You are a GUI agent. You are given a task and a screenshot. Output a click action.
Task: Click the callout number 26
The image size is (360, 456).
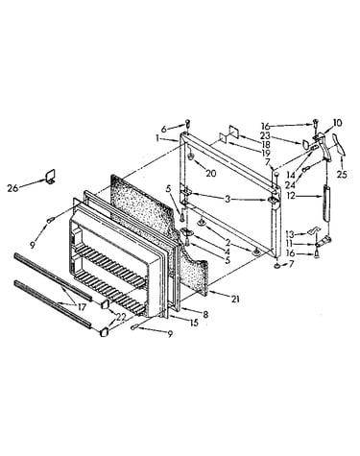[12, 188]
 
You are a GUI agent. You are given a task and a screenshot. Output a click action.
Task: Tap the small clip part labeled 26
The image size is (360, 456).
[50, 177]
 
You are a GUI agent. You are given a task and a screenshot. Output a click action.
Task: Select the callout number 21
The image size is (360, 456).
[235, 300]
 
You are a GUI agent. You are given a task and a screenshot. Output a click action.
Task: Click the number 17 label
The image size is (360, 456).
[82, 307]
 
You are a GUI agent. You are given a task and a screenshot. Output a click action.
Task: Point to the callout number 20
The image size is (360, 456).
[211, 173]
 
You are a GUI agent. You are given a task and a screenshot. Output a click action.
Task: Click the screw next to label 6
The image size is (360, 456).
[188, 124]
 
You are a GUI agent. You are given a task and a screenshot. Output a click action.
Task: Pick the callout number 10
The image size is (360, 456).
[337, 123]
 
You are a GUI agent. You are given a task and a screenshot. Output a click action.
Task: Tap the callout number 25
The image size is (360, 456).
[342, 175]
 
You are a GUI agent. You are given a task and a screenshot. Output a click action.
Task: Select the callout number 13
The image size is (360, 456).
[290, 234]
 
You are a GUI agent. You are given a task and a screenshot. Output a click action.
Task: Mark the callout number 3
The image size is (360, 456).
[228, 200]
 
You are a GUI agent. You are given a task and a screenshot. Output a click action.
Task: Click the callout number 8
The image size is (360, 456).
[205, 314]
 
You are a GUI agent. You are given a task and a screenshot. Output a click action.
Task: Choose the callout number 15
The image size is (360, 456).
[194, 323]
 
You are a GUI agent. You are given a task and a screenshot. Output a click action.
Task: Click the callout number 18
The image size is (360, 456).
[266, 145]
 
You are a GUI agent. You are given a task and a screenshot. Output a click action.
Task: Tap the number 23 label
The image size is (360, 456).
[265, 136]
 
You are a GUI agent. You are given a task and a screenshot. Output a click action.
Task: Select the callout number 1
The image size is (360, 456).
[157, 138]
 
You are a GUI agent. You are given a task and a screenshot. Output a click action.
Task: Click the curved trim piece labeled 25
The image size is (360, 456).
[339, 146]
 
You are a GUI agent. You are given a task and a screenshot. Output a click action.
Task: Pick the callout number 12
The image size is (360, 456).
[291, 195]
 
